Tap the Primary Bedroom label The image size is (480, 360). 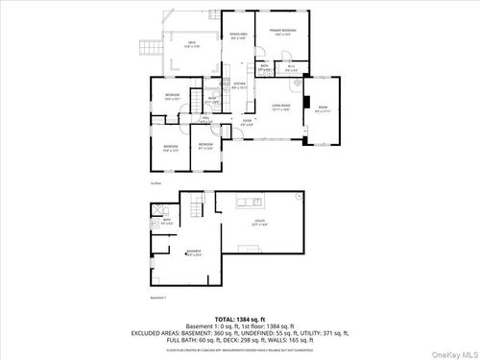pos(282,33)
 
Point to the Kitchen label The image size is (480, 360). pos(240,85)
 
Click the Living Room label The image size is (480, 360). pos(280,108)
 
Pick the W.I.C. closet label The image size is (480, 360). pos(292,67)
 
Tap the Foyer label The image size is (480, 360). pos(247,121)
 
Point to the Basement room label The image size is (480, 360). pos(193,253)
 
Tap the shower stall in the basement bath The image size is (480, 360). pos(156,215)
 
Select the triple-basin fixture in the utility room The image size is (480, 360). pos(249,202)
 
